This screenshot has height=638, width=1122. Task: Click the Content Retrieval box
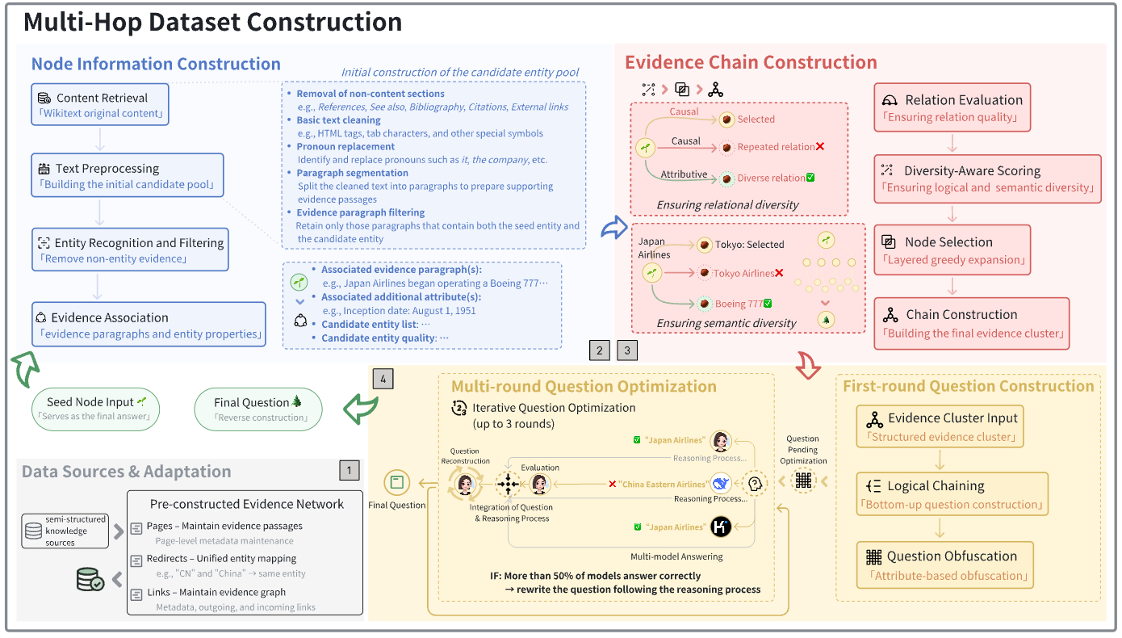point(101,105)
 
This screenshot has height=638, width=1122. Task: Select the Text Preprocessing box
point(128,175)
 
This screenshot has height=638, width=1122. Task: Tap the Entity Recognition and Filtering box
point(131,250)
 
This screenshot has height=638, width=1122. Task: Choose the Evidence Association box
point(149,325)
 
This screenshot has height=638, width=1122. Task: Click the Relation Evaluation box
point(952,107)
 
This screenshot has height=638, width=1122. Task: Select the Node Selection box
point(952,250)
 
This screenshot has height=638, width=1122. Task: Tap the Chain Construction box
point(972,323)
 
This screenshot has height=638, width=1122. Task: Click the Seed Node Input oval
point(97,409)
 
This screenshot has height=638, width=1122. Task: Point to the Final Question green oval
point(258,409)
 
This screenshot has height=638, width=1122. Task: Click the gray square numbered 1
point(349,470)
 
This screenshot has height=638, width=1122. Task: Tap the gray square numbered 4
point(383,378)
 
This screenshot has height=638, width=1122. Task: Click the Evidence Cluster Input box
point(940,426)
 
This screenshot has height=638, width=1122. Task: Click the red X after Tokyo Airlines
point(779,274)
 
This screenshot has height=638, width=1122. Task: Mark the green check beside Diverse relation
point(810,178)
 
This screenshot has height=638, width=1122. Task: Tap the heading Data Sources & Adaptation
point(127,472)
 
